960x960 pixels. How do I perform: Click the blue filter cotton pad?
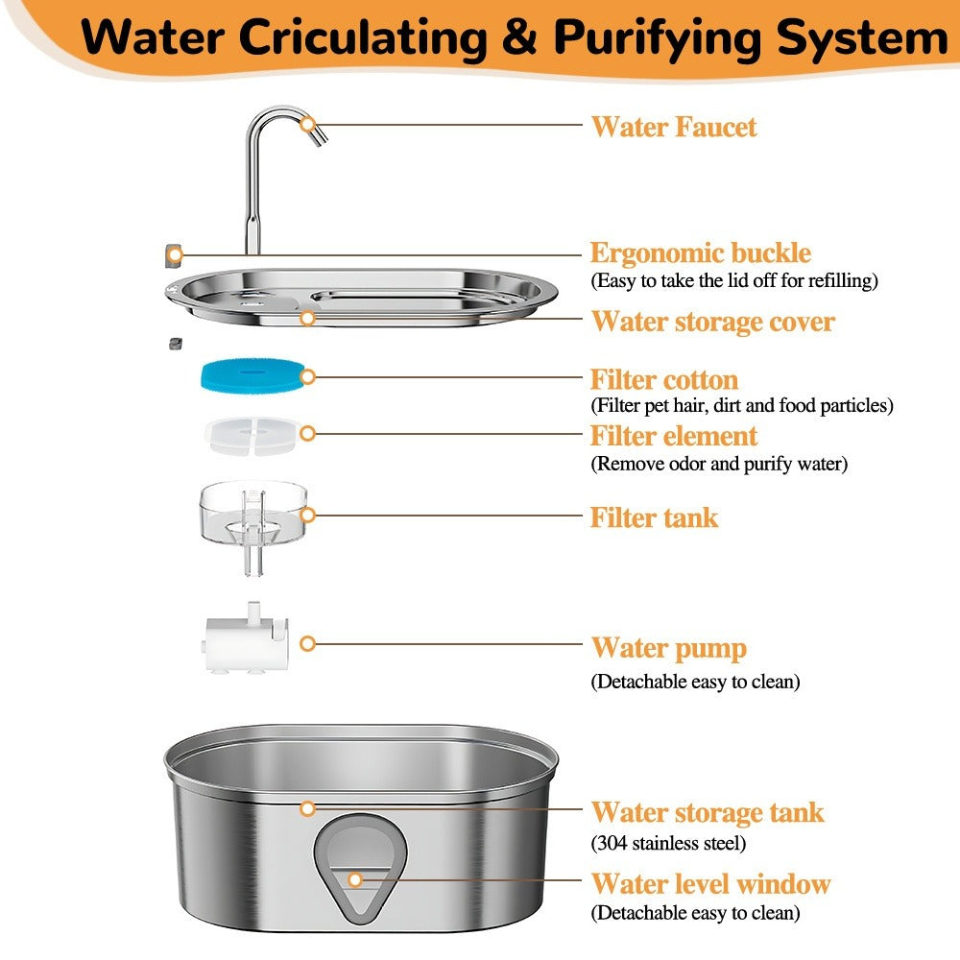point(252,375)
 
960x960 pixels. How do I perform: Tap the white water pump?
point(246,638)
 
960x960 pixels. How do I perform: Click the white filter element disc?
point(252,435)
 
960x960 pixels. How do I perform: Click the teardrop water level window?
point(361,868)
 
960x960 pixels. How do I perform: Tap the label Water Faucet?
point(674,128)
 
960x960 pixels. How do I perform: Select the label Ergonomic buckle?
point(701,252)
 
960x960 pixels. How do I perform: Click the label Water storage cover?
point(713,322)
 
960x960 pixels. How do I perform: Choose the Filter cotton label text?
point(664,379)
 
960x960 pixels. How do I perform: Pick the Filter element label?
point(674,436)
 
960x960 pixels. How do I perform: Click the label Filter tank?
point(654,517)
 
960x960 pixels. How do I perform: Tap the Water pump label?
point(669,648)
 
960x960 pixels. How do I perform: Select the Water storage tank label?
point(708,812)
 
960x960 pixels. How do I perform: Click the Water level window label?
point(711,883)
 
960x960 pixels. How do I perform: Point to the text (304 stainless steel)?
point(668,843)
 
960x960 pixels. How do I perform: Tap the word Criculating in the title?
point(364,38)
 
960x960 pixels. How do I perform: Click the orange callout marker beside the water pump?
point(307,643)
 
